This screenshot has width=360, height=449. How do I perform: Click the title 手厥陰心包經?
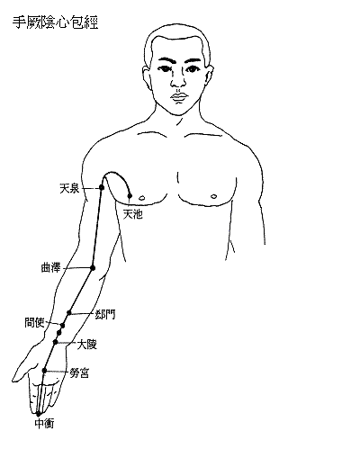tap(55, 22)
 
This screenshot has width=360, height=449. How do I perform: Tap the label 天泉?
tap(69, 189)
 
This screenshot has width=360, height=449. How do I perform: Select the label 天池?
tap(133, 214)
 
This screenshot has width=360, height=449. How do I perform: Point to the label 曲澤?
tap(50, 267)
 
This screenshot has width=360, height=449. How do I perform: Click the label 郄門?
tap(105, 315)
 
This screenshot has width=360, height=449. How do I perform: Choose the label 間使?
tap(34, 323)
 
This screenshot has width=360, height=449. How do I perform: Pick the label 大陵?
tap(87, 345)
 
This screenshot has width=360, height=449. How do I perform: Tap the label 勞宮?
tap(79, 373)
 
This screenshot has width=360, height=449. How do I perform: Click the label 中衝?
tap(45, 424)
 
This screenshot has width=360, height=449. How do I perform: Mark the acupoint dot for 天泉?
tap(102, 187)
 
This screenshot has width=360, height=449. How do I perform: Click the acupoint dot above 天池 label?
tap(130, 196)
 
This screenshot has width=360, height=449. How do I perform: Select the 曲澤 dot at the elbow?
tap(93, 268)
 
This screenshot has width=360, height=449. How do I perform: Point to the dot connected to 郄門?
tap(69, 313)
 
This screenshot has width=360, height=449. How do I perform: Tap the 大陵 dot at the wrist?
tap(55, 342)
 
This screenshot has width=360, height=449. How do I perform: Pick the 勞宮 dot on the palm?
tap(44, 371)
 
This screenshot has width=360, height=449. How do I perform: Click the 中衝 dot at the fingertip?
tap(38, 414)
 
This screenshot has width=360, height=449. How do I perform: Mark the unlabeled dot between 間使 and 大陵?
tap(59, 333)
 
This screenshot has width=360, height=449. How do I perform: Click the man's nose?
tap(178, 79)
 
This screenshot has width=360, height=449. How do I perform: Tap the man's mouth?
tap(179, 97)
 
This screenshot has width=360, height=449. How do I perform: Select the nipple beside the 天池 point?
tap(142, 198)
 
